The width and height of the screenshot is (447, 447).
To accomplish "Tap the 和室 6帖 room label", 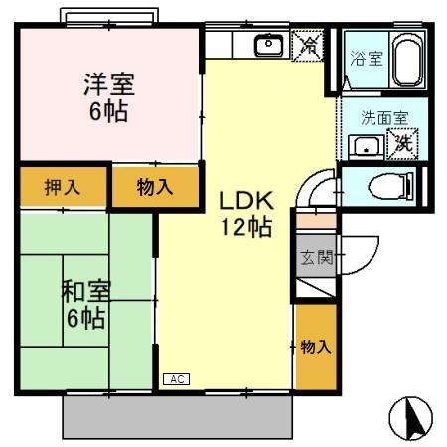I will [x=85, y=304].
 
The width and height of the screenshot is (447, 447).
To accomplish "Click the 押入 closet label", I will [x=62, y=186].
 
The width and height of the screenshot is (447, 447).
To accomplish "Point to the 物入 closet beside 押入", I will [x=155, y=186].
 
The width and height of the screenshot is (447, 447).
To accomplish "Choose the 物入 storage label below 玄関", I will [x=315, y=347].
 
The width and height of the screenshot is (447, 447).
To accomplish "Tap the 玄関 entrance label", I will [x=311, y=261].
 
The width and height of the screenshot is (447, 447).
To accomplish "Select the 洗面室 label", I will [x=383, y=117].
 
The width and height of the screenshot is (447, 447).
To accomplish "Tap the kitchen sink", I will [x=268, y=46].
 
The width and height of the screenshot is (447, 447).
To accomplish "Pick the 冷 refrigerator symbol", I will [x=310, y=45].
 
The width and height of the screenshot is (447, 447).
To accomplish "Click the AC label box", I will [x=175, y=379].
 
